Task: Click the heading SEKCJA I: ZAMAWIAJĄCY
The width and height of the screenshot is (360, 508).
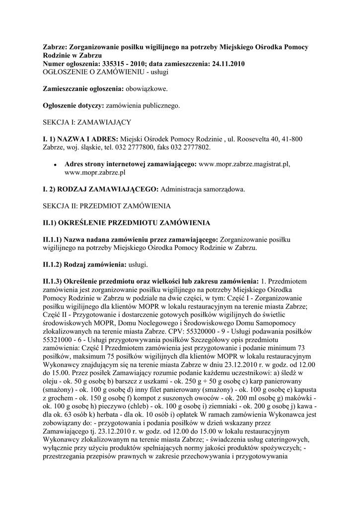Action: tap(86, 122)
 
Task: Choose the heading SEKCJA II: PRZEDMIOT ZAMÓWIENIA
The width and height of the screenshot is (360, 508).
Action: tap(106, 205)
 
